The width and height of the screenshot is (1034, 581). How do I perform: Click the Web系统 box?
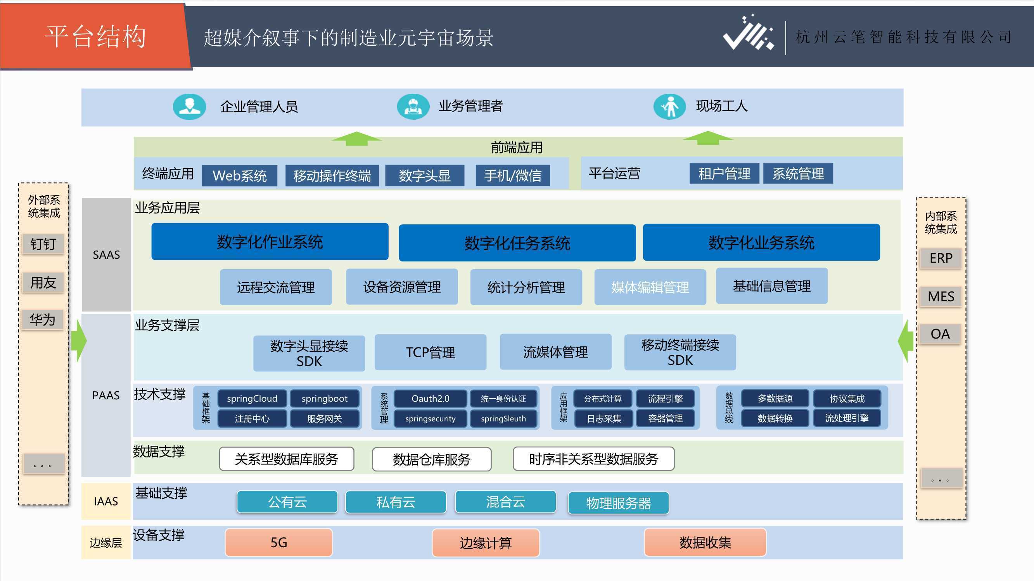pyautogui.click(x=239, y=175)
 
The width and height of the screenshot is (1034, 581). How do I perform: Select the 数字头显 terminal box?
pyautogui.click(x=425, y=175)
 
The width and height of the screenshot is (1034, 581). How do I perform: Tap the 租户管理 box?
pyautogui.click(x=724, y=174)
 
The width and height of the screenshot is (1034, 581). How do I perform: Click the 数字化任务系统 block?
pyautogui.click(x=517, y=243)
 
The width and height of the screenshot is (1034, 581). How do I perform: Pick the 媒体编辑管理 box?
pyautogui.click(x=650, y=287)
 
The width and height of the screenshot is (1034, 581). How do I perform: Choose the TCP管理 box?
pyautogui.click(x=430, y=352)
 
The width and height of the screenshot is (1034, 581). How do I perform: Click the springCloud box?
pyautogui.click(x=252, y=399)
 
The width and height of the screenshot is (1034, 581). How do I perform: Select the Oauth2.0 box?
pyautogui.click(x=430, y=399)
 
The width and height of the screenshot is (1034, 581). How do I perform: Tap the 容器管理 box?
pyautogui.click(x=665, y=418)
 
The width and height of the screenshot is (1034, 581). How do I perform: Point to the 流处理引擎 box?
pyautogui.click(x=847, y=418)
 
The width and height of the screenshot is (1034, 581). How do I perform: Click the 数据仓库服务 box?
pyautogui.click(x=432, y=459)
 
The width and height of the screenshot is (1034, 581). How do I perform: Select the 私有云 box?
pyautogui.click(x=396, y=502)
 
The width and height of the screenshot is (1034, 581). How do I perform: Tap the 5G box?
pyautogui.click(x=278, y=543)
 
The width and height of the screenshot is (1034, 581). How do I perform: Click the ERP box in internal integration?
pyautogui.click(x=941, y=258)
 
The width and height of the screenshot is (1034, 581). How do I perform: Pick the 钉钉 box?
pyautogui.click(x=43, y=243)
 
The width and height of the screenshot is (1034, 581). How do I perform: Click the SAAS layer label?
pyautogui.click(x=106, y=254)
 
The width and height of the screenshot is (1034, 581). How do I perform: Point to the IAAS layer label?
pyautogui.click(x=106, y=501)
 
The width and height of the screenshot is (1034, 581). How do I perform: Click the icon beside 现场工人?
pyautogui.click(x=669, y=106)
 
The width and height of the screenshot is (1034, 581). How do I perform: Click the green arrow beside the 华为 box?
pyautogui.click(x=79, y=341)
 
